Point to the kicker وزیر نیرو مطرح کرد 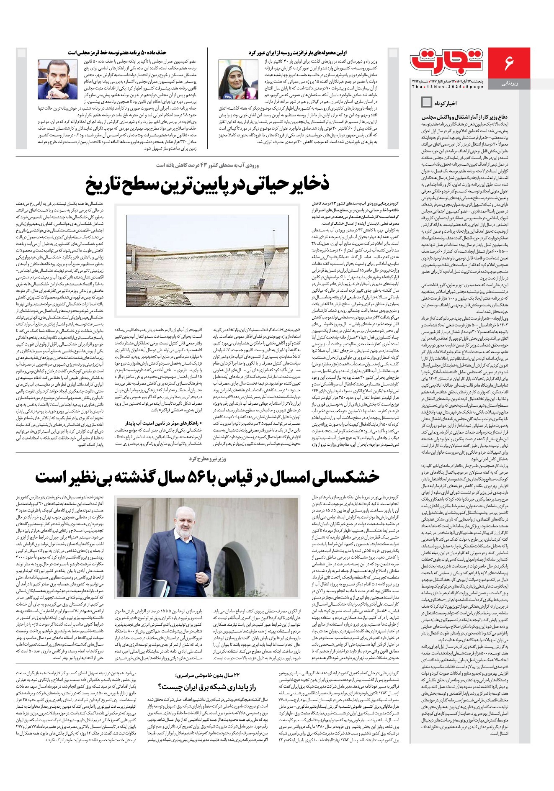click(208, 459)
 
